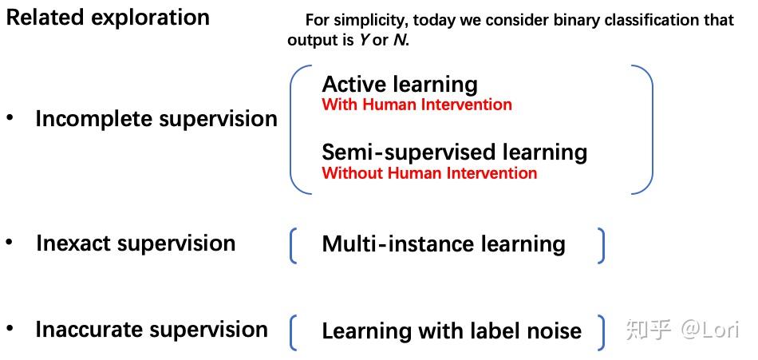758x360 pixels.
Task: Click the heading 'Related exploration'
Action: click(108, 18)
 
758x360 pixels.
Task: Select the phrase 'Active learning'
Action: click(400, 84)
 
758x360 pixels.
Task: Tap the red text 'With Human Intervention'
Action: click(417, 105)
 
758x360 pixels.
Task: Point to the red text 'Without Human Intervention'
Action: click(429, 173)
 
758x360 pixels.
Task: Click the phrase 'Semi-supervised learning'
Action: click(454, 152)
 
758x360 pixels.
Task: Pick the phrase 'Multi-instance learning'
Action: click(444, 243)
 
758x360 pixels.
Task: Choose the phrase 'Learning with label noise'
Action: click(452, 330)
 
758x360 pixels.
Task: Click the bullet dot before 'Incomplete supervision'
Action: click(10, 117)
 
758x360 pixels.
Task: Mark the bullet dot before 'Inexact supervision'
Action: click(10, 241)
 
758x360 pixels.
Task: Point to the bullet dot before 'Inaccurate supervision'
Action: click(10, 327)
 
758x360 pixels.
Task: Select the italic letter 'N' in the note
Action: click(399, 40)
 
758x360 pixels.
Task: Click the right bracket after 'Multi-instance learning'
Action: click(600, 245)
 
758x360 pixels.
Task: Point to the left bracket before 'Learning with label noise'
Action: click(294, 333)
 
